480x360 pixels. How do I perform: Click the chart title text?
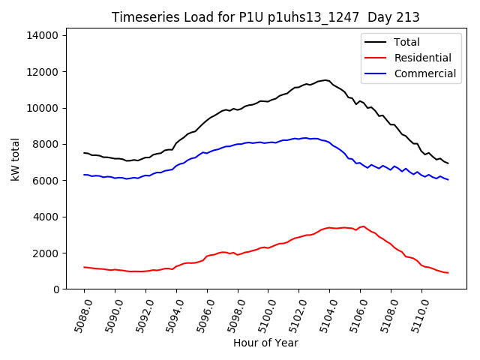265,17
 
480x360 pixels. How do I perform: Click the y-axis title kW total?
16,161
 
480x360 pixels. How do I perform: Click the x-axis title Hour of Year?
265,343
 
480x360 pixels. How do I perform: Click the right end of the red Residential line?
448,273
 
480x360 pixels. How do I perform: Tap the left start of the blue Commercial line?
84,175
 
